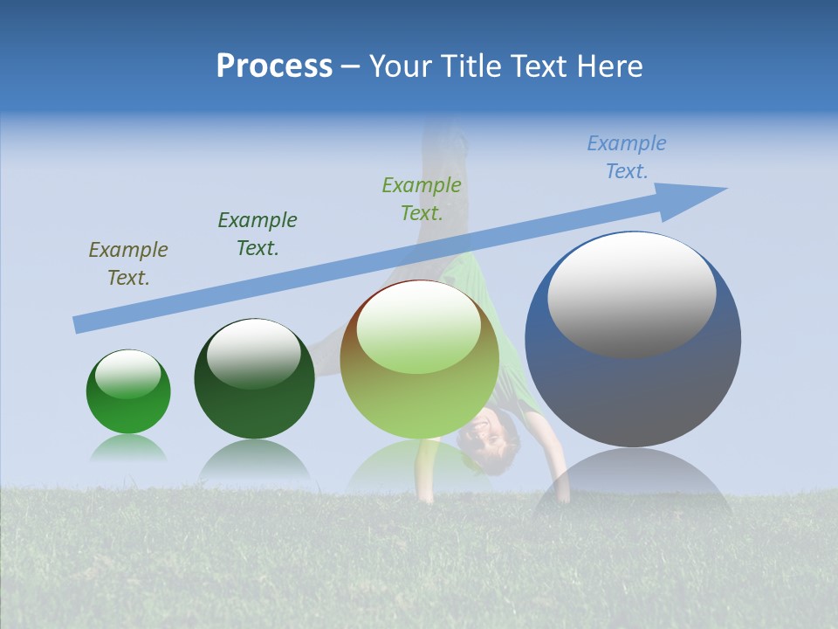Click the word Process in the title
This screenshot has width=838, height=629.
coord(274,66)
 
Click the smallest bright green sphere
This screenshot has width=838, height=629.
coord(128,392)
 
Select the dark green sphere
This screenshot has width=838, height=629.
coord(254,379)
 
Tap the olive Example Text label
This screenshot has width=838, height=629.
coord(128,264)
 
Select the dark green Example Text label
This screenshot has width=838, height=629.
coord(258,234)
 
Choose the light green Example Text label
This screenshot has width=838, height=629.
coord(422,199)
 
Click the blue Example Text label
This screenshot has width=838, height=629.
coord(627,157)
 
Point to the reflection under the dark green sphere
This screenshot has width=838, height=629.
coord(254,460)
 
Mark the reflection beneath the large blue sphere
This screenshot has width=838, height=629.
coord(632,480)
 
